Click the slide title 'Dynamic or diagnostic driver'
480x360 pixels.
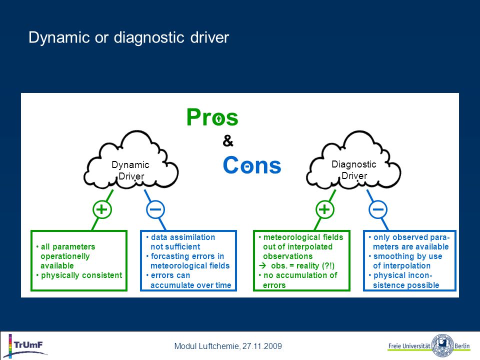pyautogui.click(x=128, y=38)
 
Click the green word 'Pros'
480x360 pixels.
pyautogui.click(x=212, y=117)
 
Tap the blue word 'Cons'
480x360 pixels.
pyautogui.click(x=252, y=165)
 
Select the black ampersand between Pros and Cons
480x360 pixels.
pyautogui.click(x=228, y=141)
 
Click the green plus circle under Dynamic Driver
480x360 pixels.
pyautogui.click(x=102, y=209)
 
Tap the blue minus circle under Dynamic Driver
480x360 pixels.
pyautogui.click(x=155, y=209)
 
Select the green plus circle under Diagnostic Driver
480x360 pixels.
pyautogui.click(x=324, y=209)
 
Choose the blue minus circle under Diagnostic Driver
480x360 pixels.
pyautogui.click(x=378, y=209)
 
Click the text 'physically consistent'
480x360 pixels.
pyautogui.click(x=81, y=275)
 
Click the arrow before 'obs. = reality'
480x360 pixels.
pyautogui.click(x=262, y=265)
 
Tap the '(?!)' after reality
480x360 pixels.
pyautogui.click(x=328, y=265)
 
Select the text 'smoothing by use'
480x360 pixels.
pyautogui.click(x=408, y=256)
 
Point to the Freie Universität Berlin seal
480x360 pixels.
pyautogui.click(x=442, y=346)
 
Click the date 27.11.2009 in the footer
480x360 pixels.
pyautogui.click(x=262, y=346)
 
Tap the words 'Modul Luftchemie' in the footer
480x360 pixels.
pyautogui.click(x=206, y=346)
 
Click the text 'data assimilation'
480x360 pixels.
pyautogui.click(x=183, y=237)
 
